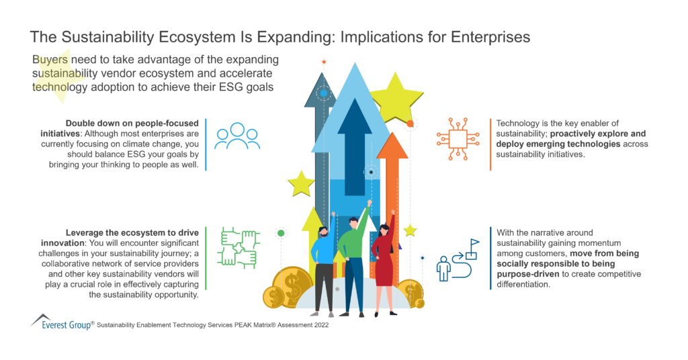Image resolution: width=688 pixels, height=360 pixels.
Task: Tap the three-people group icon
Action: click(x=237, y=136)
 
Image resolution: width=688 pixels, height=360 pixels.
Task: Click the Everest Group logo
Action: click(x=57, y=322)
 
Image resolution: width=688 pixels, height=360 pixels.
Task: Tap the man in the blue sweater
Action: click(x=323, y=262)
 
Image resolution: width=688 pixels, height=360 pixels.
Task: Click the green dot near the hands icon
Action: click(x=281, y=233)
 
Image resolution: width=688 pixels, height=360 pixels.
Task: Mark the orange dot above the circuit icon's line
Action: click(x=410, y=124)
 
